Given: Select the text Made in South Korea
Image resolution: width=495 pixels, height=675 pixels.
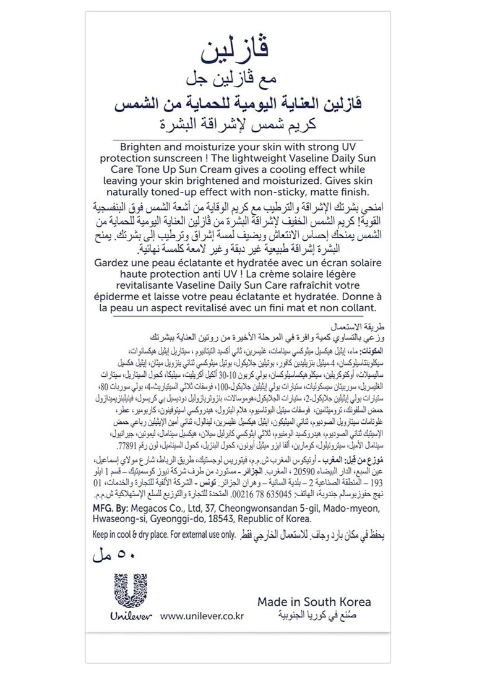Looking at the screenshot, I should coord(315,601).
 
